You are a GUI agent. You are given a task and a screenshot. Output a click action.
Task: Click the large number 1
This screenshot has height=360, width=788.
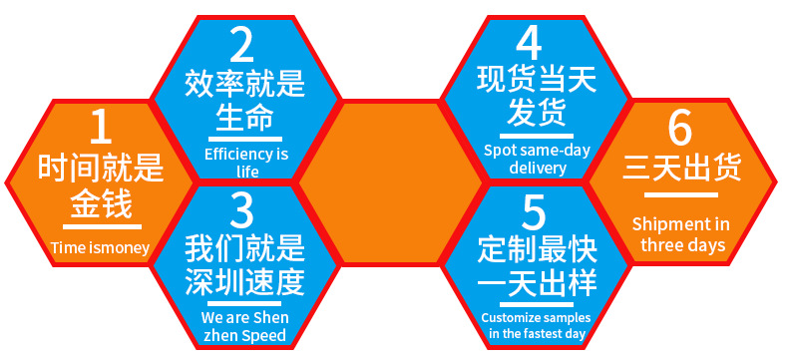tap(100, 129)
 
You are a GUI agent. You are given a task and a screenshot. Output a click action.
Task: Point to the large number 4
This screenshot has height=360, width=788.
tap(530, 44)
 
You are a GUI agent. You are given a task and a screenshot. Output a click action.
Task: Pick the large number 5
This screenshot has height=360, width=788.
tap(535, 211)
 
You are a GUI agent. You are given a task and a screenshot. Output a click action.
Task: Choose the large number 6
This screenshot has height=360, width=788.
tap(680, 129)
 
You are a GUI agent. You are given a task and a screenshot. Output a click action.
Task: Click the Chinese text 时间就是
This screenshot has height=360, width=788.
tap(100, 168)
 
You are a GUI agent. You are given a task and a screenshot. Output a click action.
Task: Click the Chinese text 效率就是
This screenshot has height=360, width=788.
tap(244, 84)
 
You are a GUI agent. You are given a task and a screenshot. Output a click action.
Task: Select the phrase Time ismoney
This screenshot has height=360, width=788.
tap(100, 247)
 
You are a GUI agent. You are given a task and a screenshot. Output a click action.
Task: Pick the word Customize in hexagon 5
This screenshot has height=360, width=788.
tap(511, 318)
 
